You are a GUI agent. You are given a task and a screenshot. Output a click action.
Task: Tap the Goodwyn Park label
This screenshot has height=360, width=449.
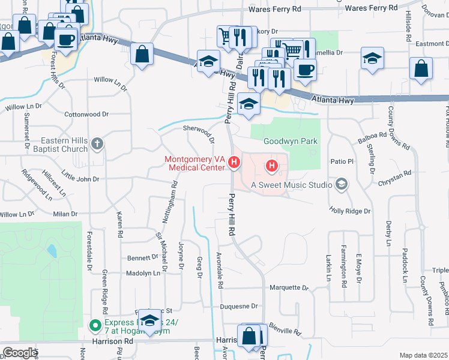click(291, 142)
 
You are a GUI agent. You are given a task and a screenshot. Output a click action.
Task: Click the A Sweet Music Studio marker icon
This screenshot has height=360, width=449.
click(342, 184)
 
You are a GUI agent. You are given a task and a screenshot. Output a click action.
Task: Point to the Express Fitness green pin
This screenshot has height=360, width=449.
click(94, 326)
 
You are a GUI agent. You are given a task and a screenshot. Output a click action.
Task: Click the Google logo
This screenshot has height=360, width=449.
click(19, 353)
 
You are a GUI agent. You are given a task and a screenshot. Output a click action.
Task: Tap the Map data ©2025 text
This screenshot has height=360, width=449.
click(423, 355)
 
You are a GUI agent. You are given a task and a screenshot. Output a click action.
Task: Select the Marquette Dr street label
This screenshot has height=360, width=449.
click(289, 287)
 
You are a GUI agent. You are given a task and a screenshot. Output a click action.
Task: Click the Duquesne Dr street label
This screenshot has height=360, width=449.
click(239, 306)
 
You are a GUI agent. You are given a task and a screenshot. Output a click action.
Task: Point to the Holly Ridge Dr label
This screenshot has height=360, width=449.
click(350, 211)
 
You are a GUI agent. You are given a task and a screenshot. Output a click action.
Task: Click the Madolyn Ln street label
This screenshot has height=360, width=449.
click(143, 273)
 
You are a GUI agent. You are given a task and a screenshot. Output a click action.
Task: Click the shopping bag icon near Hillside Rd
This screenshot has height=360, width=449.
click(421, 69)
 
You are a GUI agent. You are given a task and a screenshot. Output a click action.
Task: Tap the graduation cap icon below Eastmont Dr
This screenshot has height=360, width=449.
click(372, 59)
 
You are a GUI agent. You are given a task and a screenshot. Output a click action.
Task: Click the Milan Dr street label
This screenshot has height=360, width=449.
click(65, 214)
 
